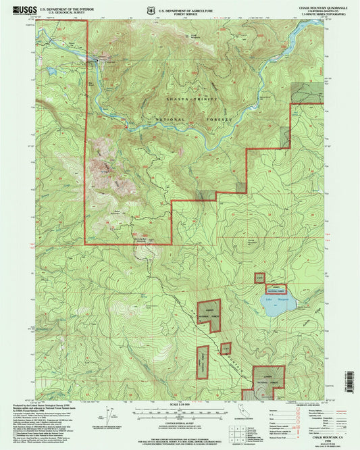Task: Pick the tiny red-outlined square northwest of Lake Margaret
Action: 259,278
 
